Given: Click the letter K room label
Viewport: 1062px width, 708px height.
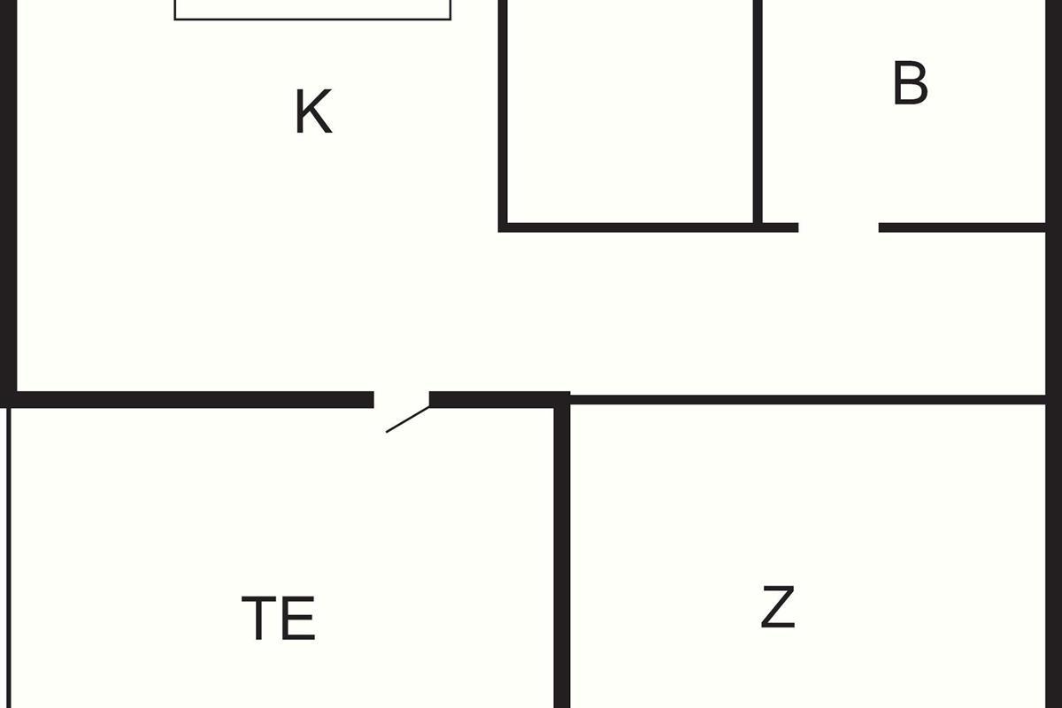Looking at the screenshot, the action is point(313,112).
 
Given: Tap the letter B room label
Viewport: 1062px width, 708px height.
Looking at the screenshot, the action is point(910,83).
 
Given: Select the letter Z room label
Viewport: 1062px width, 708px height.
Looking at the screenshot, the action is point(778,606).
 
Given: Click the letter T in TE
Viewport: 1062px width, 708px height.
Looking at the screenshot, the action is point(258,618).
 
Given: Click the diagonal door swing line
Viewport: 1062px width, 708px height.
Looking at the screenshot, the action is point(408,419).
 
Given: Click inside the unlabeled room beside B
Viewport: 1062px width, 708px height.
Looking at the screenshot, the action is point(630,112).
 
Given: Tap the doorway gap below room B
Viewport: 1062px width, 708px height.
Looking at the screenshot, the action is point(838,227).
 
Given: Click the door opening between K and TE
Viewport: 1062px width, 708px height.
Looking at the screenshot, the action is point(402,400).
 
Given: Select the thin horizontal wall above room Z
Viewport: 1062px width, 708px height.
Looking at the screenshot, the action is point(807,399).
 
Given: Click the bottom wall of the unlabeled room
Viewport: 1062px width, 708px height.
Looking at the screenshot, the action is point(648,227).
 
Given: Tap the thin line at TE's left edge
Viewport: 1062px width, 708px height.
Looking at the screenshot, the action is point(9,558).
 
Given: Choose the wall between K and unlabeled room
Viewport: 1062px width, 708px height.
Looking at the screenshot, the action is point(503,114).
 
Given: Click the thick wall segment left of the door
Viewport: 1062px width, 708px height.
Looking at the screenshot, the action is point(187,400).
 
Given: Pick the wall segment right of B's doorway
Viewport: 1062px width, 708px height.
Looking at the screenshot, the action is point(962,227).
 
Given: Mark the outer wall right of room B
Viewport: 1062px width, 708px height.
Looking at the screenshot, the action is point(1053,114).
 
